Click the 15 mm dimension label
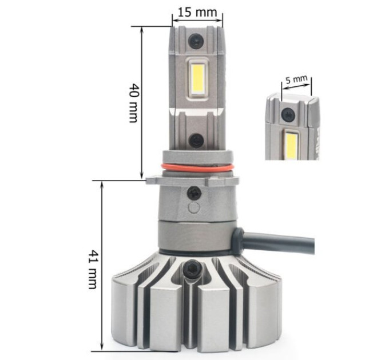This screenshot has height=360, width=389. (x=197, y=12)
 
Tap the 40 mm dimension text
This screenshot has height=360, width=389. (x=133, y=103)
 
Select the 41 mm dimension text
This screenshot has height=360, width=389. (x=93, y=269)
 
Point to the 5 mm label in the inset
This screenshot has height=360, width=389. (x=296, y=80)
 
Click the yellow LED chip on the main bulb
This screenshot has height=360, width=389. (x=198, y=77)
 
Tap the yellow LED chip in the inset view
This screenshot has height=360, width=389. (x=291, y=146)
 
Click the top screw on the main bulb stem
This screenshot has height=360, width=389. (x=196, y=41)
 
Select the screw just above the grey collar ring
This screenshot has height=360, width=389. (x=196, y=141)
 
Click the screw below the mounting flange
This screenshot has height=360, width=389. (x=194, y=193)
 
